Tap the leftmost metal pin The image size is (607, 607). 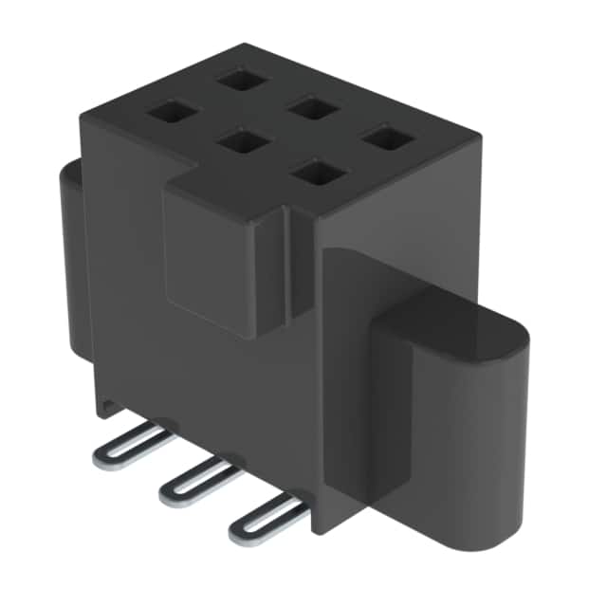click(x=133, y=445)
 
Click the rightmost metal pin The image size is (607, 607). click(x=266, y=517)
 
